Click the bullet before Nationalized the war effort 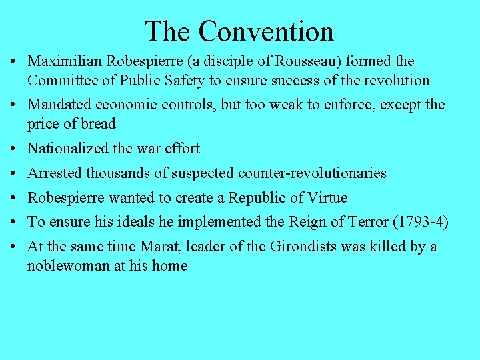click(14, 149)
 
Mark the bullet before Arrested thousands click(14, 173)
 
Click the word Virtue click(328, 198)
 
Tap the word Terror click(371, 223)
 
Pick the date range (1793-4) click(421, 223)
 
